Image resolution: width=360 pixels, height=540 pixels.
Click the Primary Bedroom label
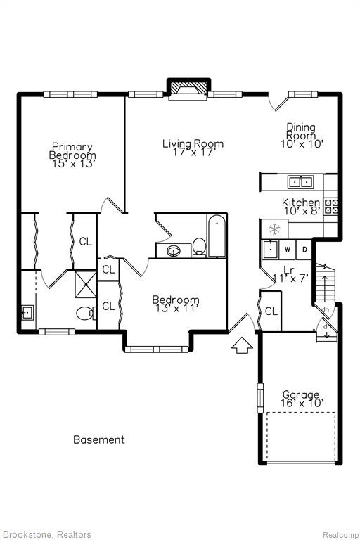[72, 155]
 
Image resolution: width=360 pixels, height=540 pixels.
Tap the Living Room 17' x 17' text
[193, 148]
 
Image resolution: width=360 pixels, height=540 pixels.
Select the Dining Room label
[302, 136]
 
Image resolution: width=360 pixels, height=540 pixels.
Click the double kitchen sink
[300, 181]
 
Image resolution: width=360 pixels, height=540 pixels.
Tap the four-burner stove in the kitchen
[331, 206]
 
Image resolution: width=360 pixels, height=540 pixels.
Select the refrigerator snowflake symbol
[274, 229]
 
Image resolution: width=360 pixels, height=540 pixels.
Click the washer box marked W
[288, 250]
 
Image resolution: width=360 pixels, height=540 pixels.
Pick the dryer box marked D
[304, 250]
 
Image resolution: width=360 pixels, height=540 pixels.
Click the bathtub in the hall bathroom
[217, 236]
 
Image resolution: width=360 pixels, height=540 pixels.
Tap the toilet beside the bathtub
[199, 247]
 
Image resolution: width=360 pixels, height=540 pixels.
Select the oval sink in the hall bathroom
[174, 250]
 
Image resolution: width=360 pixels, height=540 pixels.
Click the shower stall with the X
[86, 284]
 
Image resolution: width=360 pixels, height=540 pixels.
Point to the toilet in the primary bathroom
[86, 314]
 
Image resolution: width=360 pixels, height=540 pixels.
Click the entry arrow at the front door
[242, 345]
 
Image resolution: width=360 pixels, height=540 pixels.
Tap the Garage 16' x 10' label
[302, 399]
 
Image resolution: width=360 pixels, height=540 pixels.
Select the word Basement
[99, 439]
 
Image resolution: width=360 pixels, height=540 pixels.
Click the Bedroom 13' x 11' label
[176, 304]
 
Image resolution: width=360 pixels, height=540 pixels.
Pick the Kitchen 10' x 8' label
[302, 207]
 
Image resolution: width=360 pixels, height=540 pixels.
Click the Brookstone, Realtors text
[46, 534]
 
